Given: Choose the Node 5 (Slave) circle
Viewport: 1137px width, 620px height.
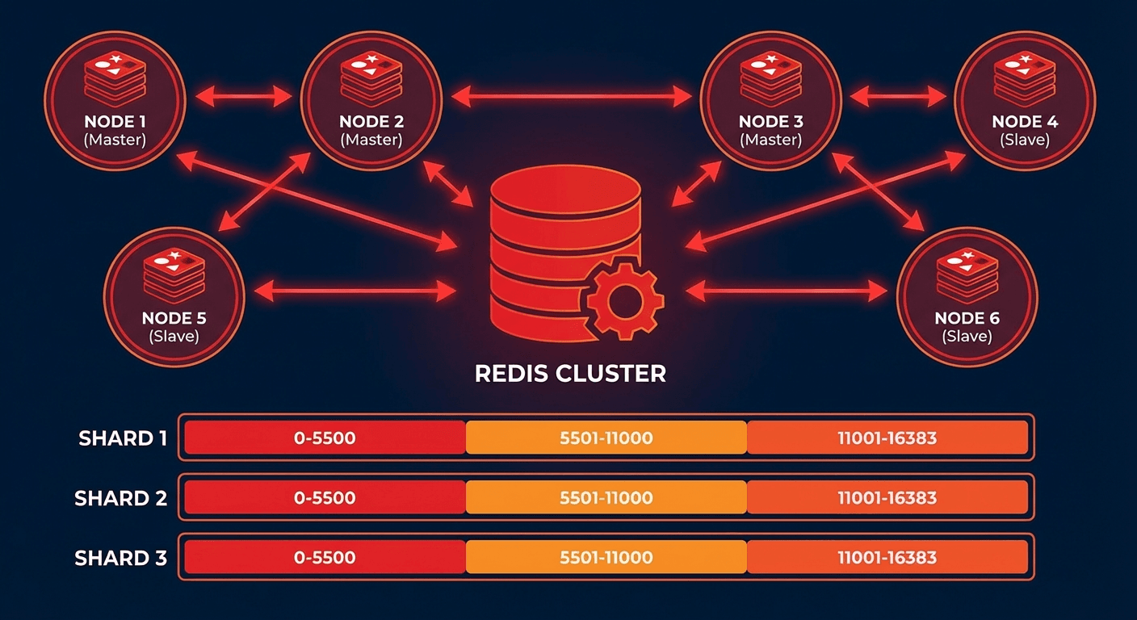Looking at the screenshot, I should tap(174, 297).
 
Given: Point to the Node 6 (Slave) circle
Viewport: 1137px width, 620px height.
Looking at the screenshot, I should tap(967, 297).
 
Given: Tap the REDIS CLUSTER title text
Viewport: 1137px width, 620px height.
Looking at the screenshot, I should tap(570, 374).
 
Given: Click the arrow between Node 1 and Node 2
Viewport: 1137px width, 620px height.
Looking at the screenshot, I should tap(243, 97).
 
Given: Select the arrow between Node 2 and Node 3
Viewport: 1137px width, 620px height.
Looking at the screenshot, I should tap(571, 97).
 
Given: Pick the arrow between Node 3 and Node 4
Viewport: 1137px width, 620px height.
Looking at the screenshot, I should tap(898, 97).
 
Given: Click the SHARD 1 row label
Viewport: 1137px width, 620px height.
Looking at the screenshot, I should tap(123, 438).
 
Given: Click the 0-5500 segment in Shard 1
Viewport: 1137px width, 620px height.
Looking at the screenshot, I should tap(325, 438).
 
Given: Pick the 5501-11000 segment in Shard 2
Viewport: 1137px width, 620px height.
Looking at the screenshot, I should tap(606, 497).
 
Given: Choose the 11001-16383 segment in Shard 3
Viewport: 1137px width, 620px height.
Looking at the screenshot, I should tap(887, 557).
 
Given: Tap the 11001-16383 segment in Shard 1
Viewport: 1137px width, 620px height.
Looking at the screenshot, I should tap(887, 438).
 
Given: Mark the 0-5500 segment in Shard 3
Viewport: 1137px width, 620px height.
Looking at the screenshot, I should tap(325, 557).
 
